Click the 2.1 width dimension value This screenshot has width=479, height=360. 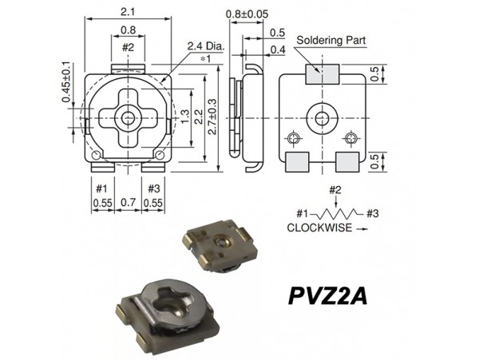point(128,12)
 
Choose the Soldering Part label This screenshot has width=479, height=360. point(327,38)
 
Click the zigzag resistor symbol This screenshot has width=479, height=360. point(335,214)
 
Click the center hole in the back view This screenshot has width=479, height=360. point(322,118)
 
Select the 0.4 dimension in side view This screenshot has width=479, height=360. point(276,50)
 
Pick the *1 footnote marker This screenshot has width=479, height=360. point(205,59)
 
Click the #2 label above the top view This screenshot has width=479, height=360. point(128,48)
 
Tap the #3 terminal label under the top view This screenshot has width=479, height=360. point(153,188)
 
